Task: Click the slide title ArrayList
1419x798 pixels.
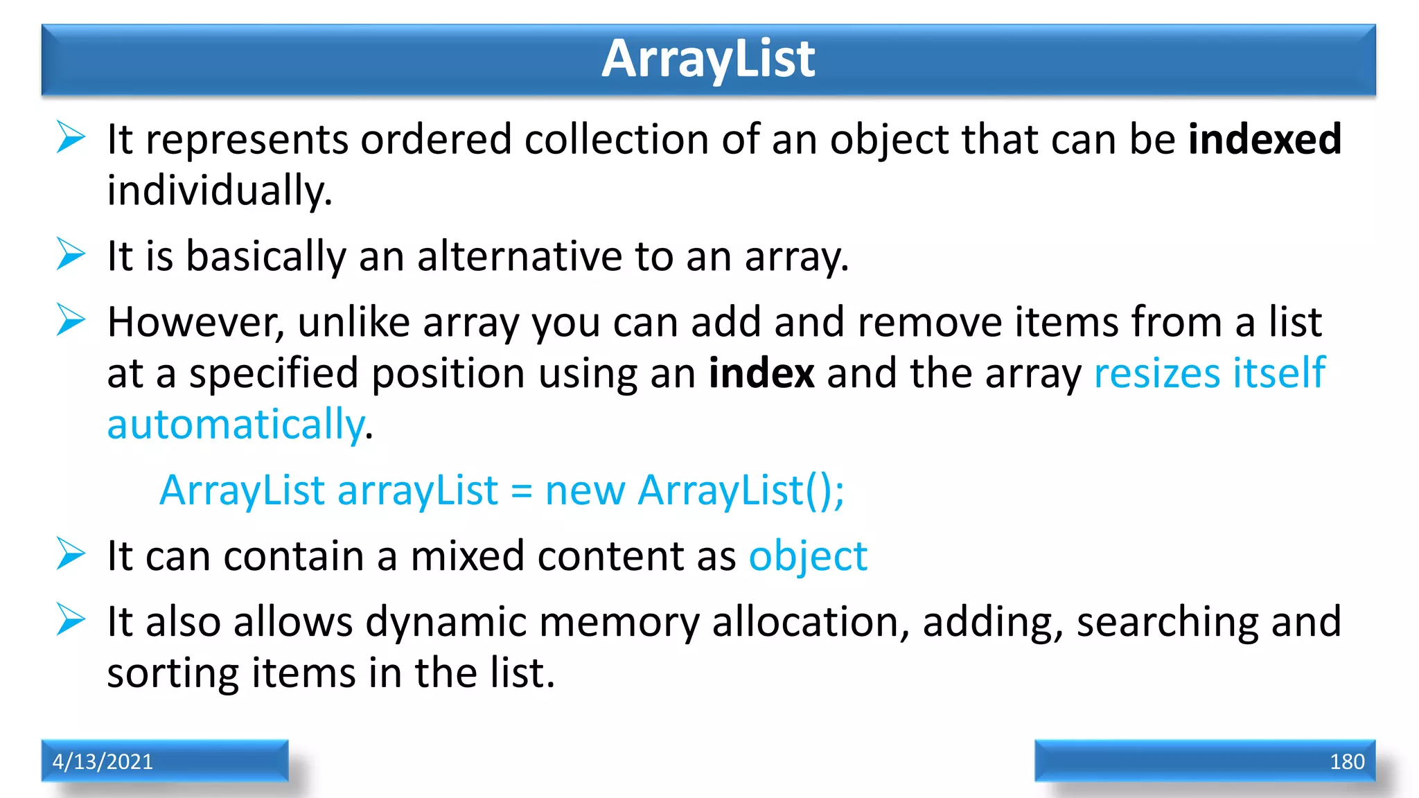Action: [708, 59]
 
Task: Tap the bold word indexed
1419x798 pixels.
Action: [1264, 139]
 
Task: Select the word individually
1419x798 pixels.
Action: [220, 190]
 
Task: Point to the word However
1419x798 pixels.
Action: [195, 322]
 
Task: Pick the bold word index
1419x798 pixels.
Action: [761, 373]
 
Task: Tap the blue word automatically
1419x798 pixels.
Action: [236, 425]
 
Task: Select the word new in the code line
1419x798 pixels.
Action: [585, 490]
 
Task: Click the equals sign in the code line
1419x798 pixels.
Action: [521, 492]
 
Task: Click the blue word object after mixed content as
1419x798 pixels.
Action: [807, 556]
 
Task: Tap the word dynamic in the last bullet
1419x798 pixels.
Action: [446, 621]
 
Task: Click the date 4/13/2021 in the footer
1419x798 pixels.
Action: [103, 761]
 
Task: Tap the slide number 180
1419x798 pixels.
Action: [1346, 761]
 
